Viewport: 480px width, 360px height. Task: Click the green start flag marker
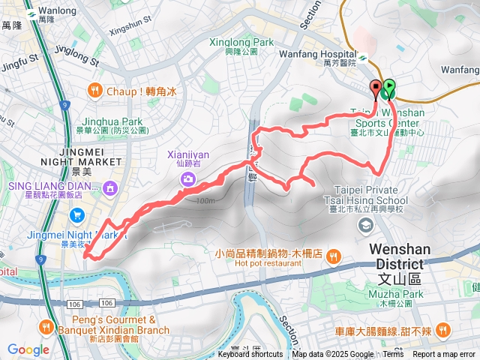click(389, 89)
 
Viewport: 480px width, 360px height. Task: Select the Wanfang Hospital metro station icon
click(363, 55)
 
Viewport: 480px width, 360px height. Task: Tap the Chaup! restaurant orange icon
click(95, 91)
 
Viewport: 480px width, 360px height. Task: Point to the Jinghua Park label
click(112, 121)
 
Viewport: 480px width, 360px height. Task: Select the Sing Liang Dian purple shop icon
click(111, 186)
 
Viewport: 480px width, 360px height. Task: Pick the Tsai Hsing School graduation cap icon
click(365, 224)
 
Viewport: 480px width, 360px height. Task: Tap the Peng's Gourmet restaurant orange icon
click(47, 326)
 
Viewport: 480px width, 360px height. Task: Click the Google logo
click(28, 349)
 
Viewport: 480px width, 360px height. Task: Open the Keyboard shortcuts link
click(250, 355)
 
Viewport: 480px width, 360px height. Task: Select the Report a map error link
click(444, 355)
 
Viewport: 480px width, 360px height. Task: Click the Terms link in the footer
click(393, 355)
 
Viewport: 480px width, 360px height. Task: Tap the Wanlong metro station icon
click(31, 14)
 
